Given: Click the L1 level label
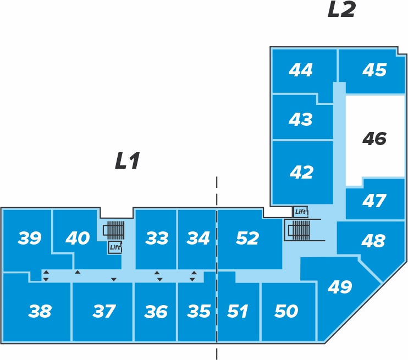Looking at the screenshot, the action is (x=128, y=160).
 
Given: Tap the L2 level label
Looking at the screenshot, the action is (x=341, y=9).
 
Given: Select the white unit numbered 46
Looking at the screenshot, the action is (x=374, y=139).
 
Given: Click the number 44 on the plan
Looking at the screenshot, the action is (x=301, y=70).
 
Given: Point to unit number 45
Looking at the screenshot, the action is (x=374, y=70).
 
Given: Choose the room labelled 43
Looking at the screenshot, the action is (x=301, y=119).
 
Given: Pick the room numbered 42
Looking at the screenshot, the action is (x=301, y=172).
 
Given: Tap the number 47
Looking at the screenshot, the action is (x=374, y=201).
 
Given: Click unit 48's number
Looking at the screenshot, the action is (x=373, y=240).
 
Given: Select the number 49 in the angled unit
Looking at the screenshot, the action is (x=340, y=287).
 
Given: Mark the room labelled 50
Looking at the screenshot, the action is (x=286, y=311).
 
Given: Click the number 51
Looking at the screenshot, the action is (x=238, y=311).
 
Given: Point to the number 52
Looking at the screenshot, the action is (x=247, y=238).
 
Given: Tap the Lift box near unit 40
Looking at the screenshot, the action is (x=115, y=247).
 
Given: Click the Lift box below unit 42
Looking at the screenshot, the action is (x=301, y=212).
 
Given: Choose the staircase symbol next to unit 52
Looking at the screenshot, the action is (x=299, y=230).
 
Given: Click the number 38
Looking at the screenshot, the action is (x=40, y=311).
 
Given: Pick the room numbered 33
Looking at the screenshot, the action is (x=157, y=238).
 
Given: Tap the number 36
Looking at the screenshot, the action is (x=156, y=311).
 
